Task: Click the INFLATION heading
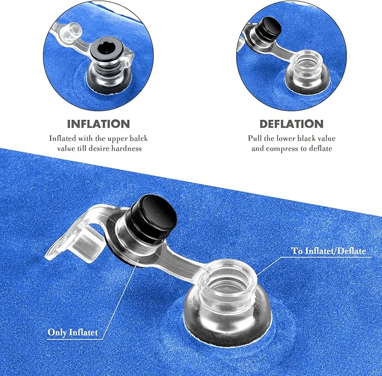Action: (98, 124)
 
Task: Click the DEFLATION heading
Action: (291, 124)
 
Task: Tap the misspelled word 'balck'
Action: (138, 138)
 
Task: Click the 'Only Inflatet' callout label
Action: (73, 332)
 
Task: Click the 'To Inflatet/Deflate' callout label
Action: (329, 250)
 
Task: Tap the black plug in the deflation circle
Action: (269, 29)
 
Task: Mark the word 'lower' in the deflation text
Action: (286, 138)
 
